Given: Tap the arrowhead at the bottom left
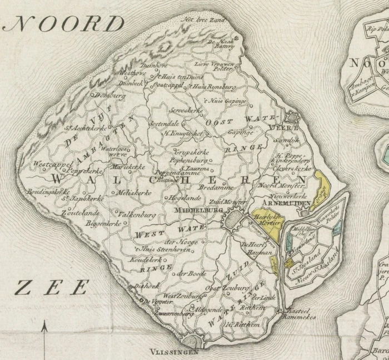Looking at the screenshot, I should coord(45,331).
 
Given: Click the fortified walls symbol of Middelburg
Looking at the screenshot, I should coord(236,219).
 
